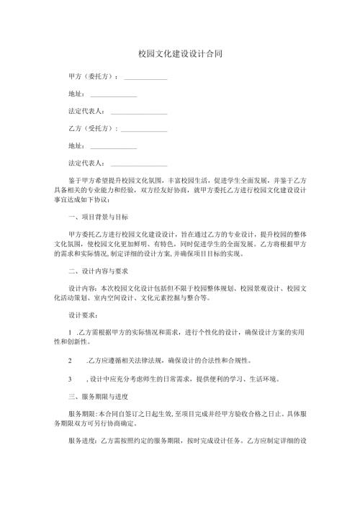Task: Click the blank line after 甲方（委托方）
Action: [146, 77]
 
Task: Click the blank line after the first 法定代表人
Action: [139, 112]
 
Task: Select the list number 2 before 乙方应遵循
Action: [68, 360]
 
